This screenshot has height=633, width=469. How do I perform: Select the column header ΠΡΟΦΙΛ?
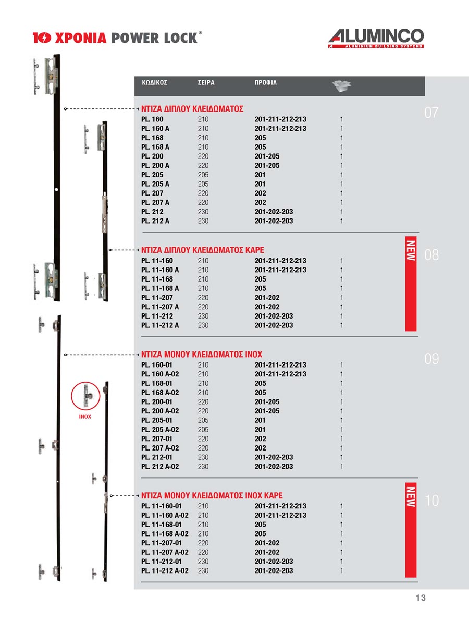[266, 83]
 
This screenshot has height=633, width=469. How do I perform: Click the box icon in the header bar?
[341, 86]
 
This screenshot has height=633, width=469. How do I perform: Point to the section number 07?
[432, 113]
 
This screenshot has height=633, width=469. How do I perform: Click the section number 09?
[431, 359]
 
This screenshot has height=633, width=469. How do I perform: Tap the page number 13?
[421, 598]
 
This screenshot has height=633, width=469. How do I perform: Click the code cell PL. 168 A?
[155, 147]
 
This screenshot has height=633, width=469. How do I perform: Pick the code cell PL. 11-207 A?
[160, 307]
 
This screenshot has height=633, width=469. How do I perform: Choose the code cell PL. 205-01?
[157, 420]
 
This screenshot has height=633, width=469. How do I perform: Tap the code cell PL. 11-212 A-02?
[165, 571]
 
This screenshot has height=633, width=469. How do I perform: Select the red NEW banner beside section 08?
[411, 284]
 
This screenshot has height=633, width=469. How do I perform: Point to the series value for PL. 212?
[203, 212]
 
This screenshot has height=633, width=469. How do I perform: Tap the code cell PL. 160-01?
[157, 365]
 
